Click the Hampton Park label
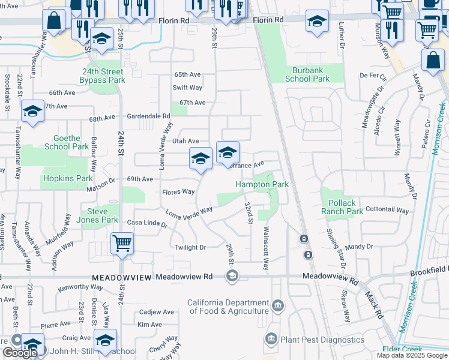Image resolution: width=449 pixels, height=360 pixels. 262,185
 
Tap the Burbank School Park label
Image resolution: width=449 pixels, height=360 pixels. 307,74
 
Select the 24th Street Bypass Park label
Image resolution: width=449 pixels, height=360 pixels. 103,76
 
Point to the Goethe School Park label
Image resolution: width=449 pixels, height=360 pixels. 67,142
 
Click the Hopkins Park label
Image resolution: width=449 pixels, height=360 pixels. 67,179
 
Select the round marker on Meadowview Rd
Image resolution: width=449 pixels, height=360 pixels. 232,276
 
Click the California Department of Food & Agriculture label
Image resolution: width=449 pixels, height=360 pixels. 228,307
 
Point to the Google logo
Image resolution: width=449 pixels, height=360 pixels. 20,353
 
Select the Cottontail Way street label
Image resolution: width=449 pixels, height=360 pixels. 387,211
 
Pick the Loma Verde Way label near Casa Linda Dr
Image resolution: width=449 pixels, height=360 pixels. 189,212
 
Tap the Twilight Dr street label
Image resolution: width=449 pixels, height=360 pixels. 190,247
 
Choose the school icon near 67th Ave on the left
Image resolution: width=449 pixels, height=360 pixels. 32,111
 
